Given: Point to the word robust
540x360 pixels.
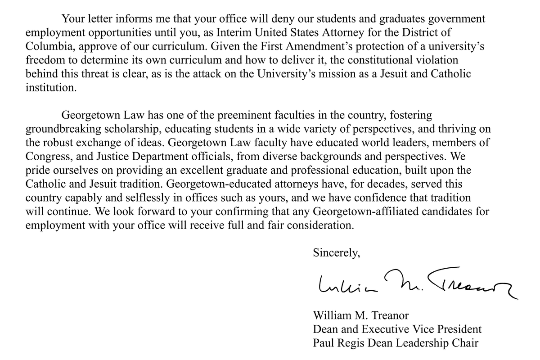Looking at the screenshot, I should pyautogui.click(x=62, y=143).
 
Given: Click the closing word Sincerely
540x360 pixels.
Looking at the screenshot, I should pyautogui.click(x=337, y=253).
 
